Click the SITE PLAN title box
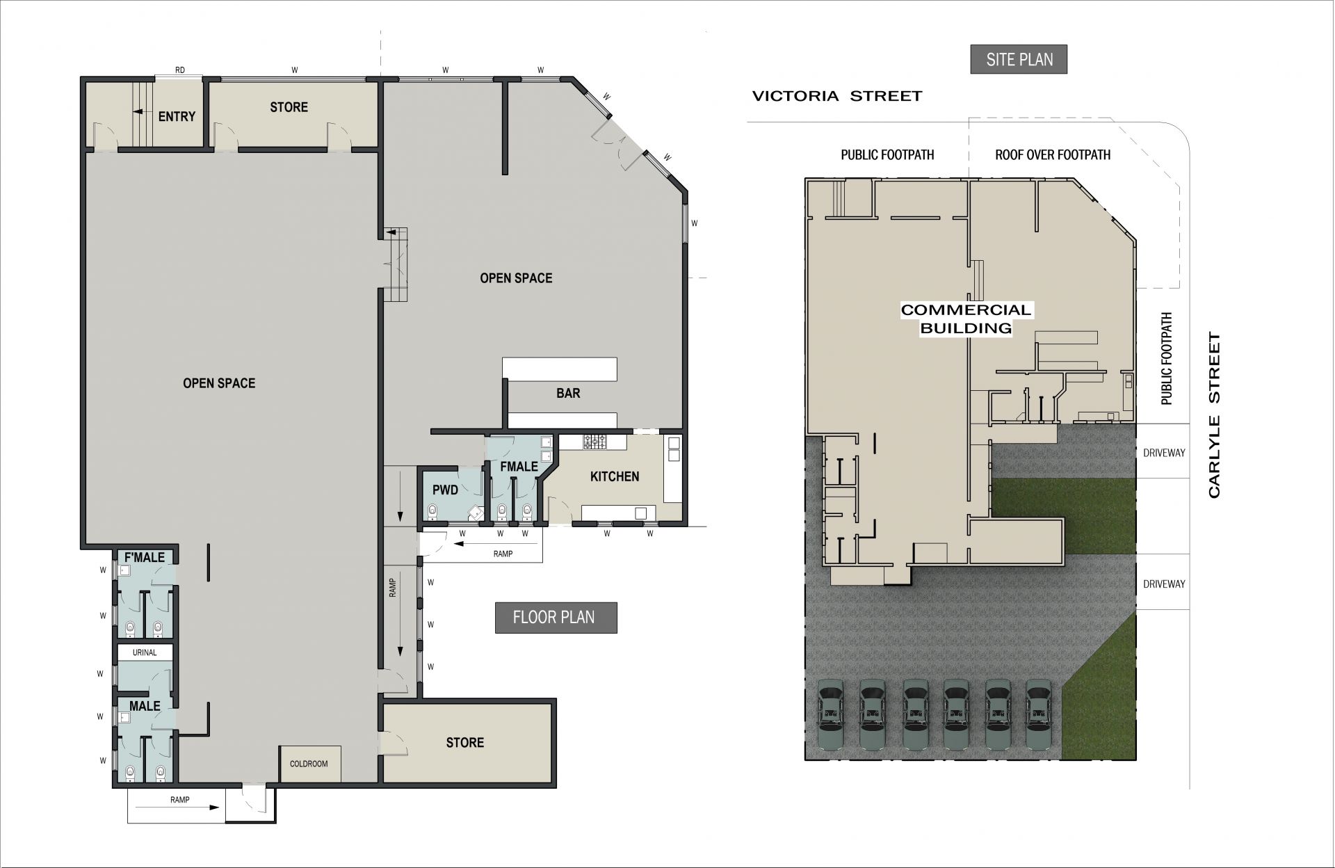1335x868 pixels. pyautogui.click(x=1019, y=60)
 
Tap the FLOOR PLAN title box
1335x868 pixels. pyautogui.click(x=556, y=618)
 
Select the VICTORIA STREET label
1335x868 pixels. pyautogui.click(x=837, y=96)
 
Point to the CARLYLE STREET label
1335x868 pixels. pyautogui.click(x=1215, y=415)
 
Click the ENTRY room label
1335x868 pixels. pyautogui.click(x=177, y=117)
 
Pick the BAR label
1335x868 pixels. pyautogui.click(x=568, y=394)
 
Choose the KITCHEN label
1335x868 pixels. pyautogui.click(x=615, y=476)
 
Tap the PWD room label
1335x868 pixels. pyautogui.click(x=445, y=490)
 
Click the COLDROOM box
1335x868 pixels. pyautogui.click(x=310, y=764)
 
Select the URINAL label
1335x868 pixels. pyautogui.click(x=145, y=652)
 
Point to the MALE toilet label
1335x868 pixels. pyautogui.click(x=145, y=706)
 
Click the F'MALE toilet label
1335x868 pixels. pyautogui.click(x=145, y=557)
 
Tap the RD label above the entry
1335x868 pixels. pyautogui.click(x=180, y=70)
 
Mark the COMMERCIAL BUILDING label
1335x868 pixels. pyautogui.click(x=966, y=319)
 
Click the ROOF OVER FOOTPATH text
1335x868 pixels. pyautogui.click(x=1053, y=154)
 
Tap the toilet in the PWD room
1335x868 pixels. pyautogui.click(x=432, y=512)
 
